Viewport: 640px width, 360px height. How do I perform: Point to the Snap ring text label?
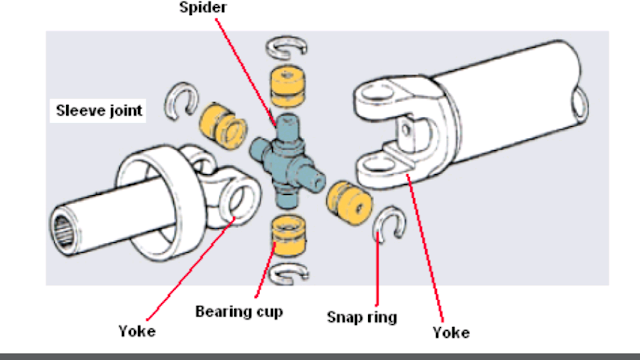tap(362, 317)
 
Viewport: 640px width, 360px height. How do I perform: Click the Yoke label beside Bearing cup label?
tap(137, 331)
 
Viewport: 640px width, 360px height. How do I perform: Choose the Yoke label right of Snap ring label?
tap(449, 332)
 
